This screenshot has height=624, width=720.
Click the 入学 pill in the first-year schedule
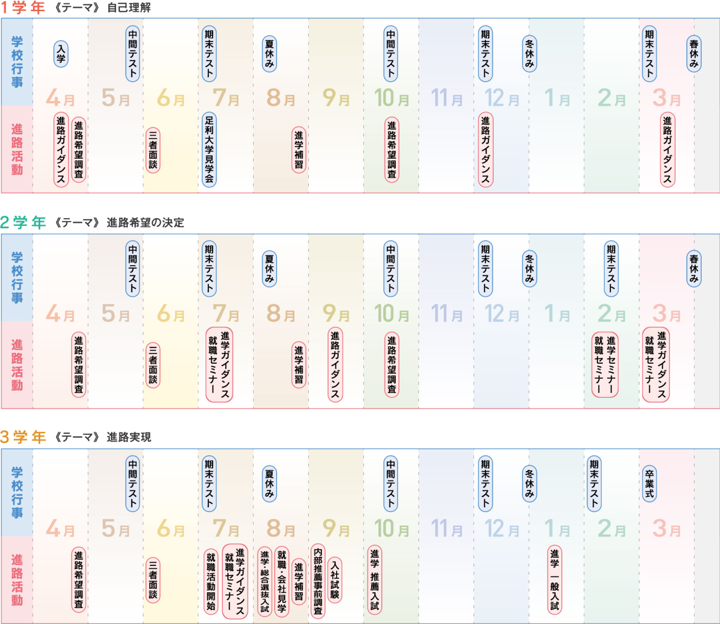click(x=61, y=54)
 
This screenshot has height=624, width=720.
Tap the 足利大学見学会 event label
click(x=209, y=149)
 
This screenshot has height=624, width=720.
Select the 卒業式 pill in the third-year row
click(x=649, y=484)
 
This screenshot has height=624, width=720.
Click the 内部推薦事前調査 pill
click(x=318, y=581)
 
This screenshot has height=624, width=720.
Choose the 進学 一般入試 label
click(x=554, y=580)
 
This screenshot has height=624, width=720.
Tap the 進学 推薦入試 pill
click(x=375, y=580)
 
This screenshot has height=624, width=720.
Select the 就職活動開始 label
click(x=210, y=581)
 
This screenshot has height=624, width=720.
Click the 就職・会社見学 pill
click(x=282, y=581)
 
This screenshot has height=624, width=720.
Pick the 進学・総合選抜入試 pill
click(x=265, y=581)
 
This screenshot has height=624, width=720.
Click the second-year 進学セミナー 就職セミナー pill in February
click(x=605, y=364)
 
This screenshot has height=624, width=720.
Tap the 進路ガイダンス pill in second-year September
click(x=335, y=364)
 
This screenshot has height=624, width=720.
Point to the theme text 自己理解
click(x=129, y=8)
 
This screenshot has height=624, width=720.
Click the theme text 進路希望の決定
click(x=145, y=223)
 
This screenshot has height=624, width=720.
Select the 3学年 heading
click(x=23, y=437)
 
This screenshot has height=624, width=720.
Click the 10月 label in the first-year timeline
click(x=391, y=98)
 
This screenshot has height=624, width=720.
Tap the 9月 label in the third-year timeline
click(x=336, y=528)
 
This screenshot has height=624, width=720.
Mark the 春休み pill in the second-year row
click(x=694, y=268)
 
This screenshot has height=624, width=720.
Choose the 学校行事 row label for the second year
click(x=17, y=277)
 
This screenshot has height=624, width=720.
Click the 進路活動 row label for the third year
click(x=17, y=580)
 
